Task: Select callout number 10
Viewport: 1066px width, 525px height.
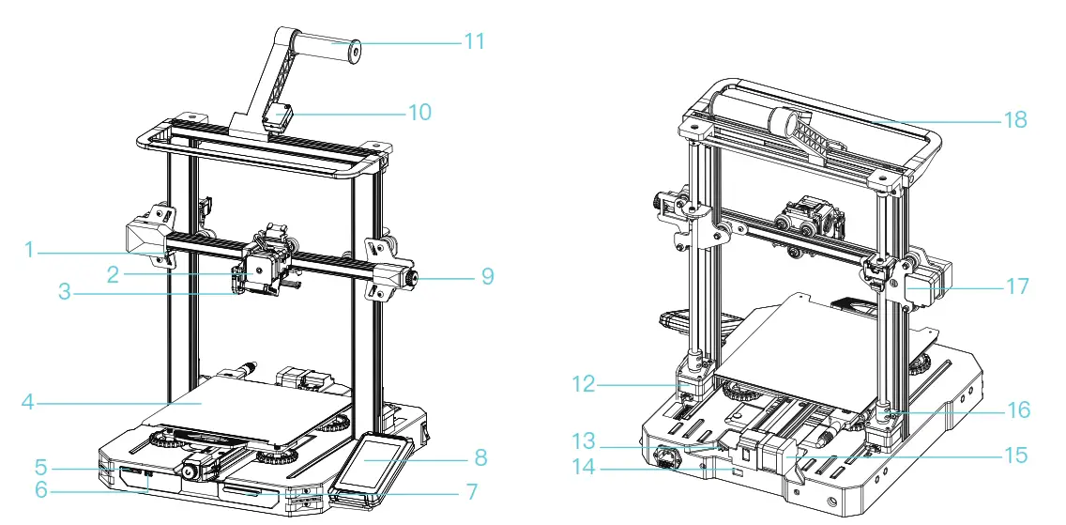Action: [x=419, y=113]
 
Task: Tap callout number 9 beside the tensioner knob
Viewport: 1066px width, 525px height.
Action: [x=487, y=277]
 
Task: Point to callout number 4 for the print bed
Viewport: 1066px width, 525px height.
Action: [x=29, y=402]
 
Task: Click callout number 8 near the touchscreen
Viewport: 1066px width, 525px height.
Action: [x=480, y=459]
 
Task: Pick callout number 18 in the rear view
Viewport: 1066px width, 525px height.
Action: [x=1014, y=120]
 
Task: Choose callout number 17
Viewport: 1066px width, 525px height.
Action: [x=1017, y=286]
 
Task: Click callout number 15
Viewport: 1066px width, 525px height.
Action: [x=1014, y=456]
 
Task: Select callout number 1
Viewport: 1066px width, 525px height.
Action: [x=29, y=250]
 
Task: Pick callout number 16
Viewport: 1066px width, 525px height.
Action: [x=1017, y=410]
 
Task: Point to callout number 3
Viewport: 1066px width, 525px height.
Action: [x=64, y=293]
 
